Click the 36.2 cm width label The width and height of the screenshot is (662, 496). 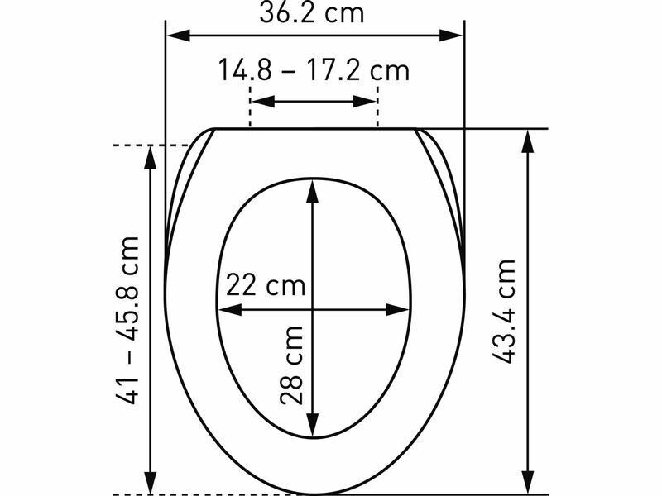pyautogui.click(x=312, y=12)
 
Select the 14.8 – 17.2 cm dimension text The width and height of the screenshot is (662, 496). pyautogui.click(x=314, y=70)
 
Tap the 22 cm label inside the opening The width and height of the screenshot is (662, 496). pyautogui.click(x=266, y=284)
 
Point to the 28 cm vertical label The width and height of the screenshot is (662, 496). pyautogui.click(x=291, y=365)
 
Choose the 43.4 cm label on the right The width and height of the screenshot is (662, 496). pyautogui.click(x=505, y=312)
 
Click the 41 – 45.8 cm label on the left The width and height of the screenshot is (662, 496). pyautogui.click(x=127, y=321)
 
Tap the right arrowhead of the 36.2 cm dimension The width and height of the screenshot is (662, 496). pyautogui.click(x=451, y=36)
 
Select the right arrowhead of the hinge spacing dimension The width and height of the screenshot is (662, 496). pyautogui.click(x=364, y=101)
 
